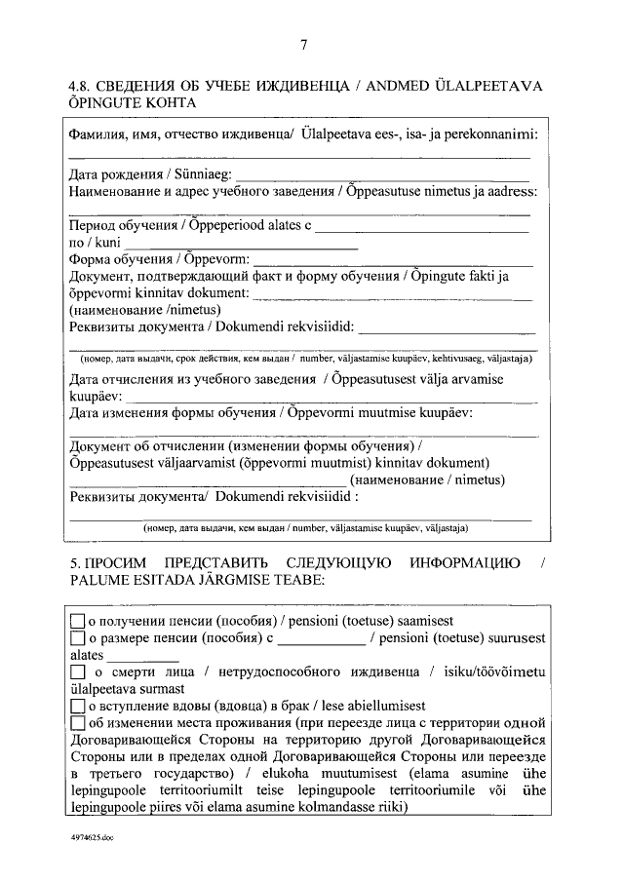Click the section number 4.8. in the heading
coord(83,86)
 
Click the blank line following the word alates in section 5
coord(134,660)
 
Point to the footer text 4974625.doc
coord(92,837)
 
